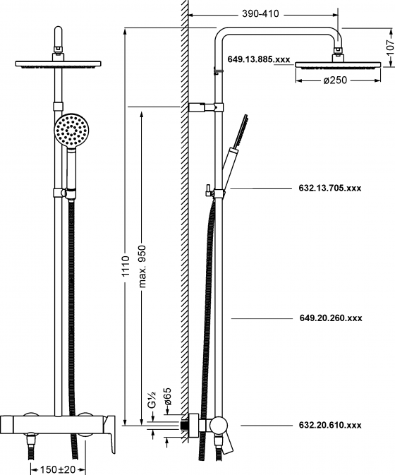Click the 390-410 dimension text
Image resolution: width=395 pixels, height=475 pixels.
tap(260, 14)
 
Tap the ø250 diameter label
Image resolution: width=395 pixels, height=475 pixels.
tap(335, 80)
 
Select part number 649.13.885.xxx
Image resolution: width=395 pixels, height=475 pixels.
tap(259, 59)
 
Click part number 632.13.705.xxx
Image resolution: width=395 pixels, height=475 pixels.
tap(330, 188)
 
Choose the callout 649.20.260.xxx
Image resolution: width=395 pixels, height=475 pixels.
tap(331, 318)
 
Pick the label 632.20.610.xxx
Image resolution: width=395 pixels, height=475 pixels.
tap(330, 425)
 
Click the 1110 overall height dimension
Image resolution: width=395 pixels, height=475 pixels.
tap(126, 266)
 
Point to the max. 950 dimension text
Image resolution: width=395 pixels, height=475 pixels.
tap(142, 266)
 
